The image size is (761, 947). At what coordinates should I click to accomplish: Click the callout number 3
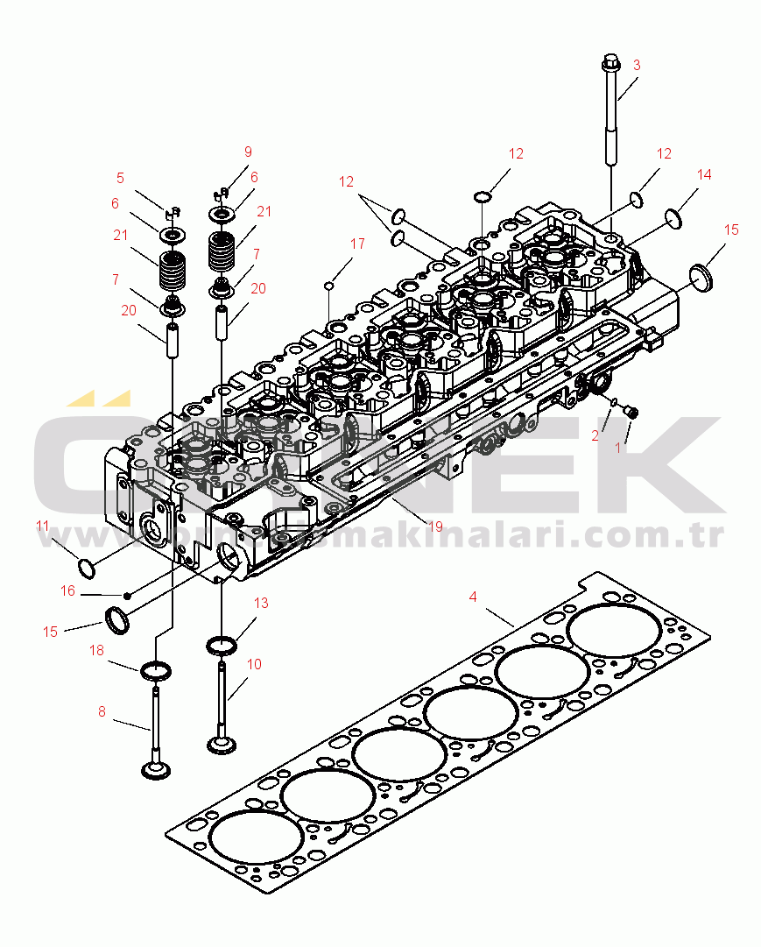(x=637, y=65)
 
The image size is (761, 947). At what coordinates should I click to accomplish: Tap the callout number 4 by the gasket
(x=473, y=597)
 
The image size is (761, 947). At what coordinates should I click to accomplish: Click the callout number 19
(x=433, y=526)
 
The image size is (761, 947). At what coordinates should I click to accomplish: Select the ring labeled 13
(x=222, y=647)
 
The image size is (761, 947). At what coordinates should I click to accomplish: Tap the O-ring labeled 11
(x=87, y=567)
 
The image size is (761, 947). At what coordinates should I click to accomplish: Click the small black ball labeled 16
(x=128, y=596)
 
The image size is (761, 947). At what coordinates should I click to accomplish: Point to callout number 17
(x=357, y=244)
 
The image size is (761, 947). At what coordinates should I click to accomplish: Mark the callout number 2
(x=595, y=435)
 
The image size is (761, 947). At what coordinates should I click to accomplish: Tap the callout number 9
(x=248, y=152)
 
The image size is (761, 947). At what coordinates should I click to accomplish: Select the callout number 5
(x=121, y=178)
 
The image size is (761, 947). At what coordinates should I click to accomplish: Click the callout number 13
(x=261, y=604)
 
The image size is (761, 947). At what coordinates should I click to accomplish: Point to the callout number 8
(x=102, y=712)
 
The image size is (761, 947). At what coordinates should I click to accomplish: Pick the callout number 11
(x=43, y=526)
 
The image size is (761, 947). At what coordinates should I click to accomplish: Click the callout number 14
(x=705, y=175)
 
